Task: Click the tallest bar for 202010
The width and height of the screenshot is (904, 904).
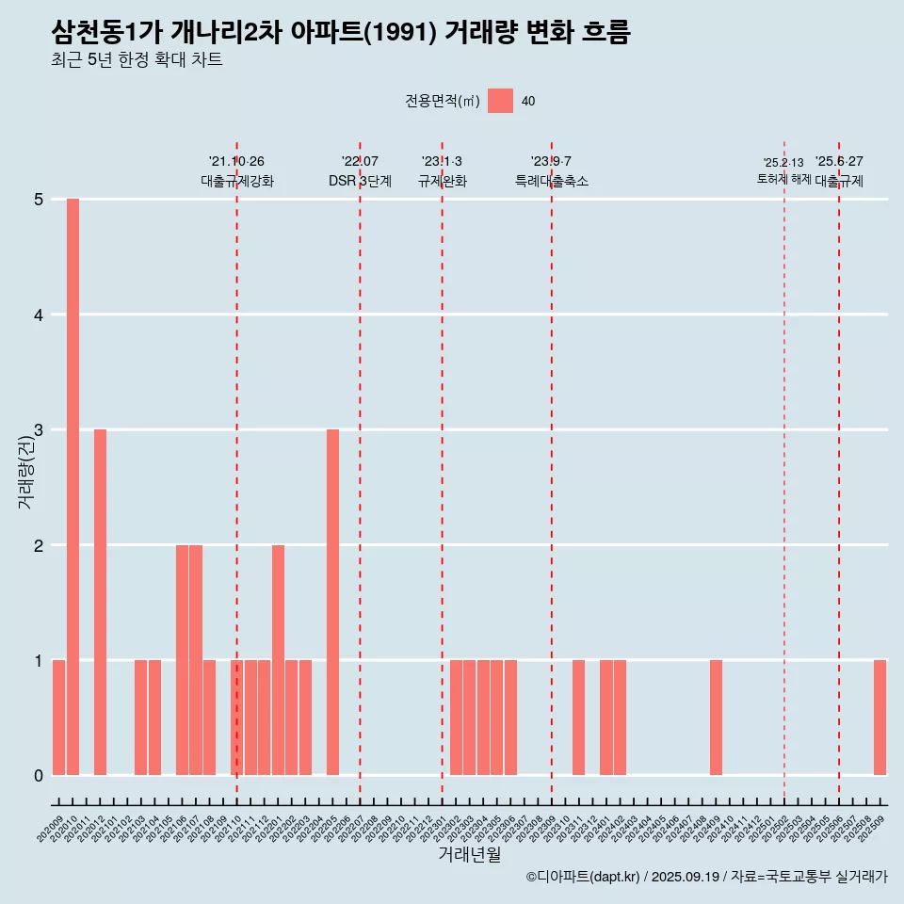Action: click(x=73, y=487)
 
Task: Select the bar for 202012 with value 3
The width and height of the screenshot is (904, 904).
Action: click(x=100, y=602)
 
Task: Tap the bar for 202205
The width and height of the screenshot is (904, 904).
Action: click(x=332, y=602)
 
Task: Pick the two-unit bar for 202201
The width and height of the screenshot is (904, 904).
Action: click(x=278, y=659)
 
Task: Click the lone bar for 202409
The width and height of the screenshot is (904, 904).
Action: click(x=716, y=718)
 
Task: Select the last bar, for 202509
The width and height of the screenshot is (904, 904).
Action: click(x=880, y=718)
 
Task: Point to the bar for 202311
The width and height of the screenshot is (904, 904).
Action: click(x=578, y=718)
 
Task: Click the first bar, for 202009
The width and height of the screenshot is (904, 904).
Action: click(x=58, y=718)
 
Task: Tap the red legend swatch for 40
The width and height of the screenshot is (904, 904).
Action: click(x=500, y=101)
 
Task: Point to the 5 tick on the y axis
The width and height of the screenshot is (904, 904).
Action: click(x=39, y=200)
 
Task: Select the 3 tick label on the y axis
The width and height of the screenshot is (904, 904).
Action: click(x=39, y=430)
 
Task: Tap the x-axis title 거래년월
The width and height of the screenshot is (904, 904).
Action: click(x=469, y=854)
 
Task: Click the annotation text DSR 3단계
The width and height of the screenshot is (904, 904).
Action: click(x=360, y=181)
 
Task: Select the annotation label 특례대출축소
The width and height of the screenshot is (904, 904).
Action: click(x=552, y=181)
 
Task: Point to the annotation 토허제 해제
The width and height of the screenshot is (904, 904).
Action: click(x=783, y=179)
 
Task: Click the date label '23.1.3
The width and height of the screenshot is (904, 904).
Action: click(x=442, y=161)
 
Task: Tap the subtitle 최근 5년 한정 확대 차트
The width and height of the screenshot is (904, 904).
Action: click(x=137, y=61)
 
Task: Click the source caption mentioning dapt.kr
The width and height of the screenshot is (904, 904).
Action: click(x=707, y=877)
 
